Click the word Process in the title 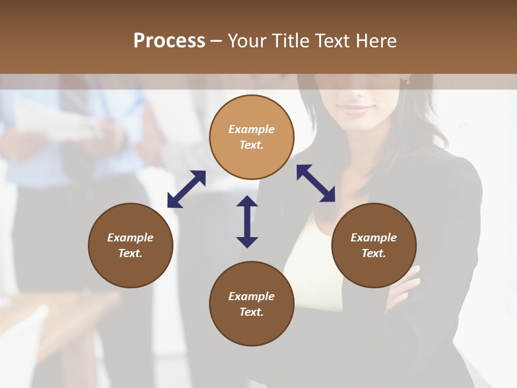(x=169, y=41)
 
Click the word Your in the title (x=248, y=41)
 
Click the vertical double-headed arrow (x=247, y=221)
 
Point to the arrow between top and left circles (x=186, y=189)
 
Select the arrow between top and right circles (x=316, y=183)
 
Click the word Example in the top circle (x=251, y=129)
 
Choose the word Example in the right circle (x=374, y=238)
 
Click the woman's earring (x=408, y=81)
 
